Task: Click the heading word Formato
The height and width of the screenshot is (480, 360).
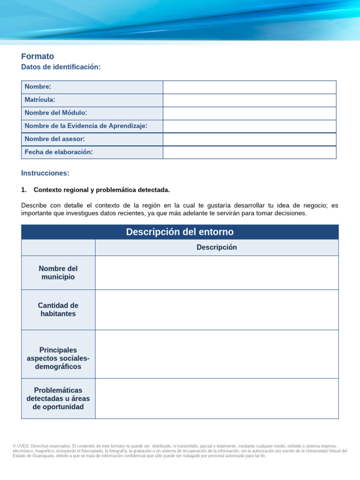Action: (37, 56)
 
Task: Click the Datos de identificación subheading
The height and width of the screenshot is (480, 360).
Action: (61, 67)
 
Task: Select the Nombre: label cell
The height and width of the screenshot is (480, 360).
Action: (38, 87)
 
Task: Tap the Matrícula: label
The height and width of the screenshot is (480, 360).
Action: (40, 100)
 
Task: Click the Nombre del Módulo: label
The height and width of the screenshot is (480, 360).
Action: (56, 113)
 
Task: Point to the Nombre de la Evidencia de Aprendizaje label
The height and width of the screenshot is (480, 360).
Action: (86, 126)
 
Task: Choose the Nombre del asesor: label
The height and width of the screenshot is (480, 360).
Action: (55, 139)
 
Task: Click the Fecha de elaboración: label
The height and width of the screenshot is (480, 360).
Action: (59, 152)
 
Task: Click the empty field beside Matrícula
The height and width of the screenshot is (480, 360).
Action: (249, 100)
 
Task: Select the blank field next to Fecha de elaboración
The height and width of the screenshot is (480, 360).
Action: (249, 152)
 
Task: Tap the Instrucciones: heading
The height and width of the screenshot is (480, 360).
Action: (45, 173)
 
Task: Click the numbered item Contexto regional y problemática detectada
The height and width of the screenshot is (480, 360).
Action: (102, 190)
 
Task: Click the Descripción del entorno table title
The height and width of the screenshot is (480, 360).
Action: (180, 232)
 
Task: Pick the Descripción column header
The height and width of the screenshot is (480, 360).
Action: (217, 247)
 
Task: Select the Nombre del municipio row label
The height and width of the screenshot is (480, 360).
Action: (58, 273)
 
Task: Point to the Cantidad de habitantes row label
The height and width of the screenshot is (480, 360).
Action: (58, 309)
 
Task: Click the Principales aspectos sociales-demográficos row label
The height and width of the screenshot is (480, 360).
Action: (58, 358)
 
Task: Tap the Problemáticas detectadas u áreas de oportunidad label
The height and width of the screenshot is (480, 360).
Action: (58, 398)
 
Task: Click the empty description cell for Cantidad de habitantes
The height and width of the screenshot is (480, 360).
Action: (217, 310)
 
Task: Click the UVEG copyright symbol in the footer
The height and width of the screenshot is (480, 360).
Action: (15, 446)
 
